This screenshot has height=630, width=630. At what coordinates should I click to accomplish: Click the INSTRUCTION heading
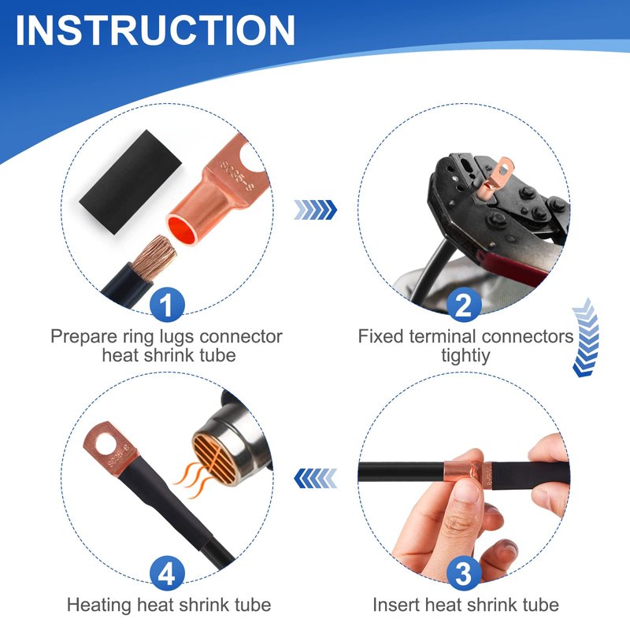click(x=155, y=31)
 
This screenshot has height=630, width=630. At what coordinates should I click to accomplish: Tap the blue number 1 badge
click(x=167, y=305)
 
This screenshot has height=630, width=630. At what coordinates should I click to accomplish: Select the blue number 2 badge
click(x=463, y=305)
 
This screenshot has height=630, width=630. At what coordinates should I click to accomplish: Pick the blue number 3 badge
click(x=463, y=573)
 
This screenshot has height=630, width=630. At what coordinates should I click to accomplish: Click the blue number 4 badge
click(x=167, y=573)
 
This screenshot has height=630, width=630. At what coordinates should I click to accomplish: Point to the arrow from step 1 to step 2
click(x=316, y=209)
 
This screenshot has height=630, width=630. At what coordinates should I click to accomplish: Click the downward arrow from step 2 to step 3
click(x=585, y=338)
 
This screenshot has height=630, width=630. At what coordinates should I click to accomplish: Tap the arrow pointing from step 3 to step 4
click(x=316, y=478)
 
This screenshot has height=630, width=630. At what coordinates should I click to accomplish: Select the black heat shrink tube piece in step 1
click(x=131, y=182)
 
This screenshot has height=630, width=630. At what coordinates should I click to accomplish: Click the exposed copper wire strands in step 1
click(x=154, y=258)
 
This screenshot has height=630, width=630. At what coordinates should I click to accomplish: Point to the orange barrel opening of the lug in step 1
click(x=182, y=229)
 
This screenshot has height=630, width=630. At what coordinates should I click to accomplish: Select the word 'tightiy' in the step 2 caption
click(x=465, y=355)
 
